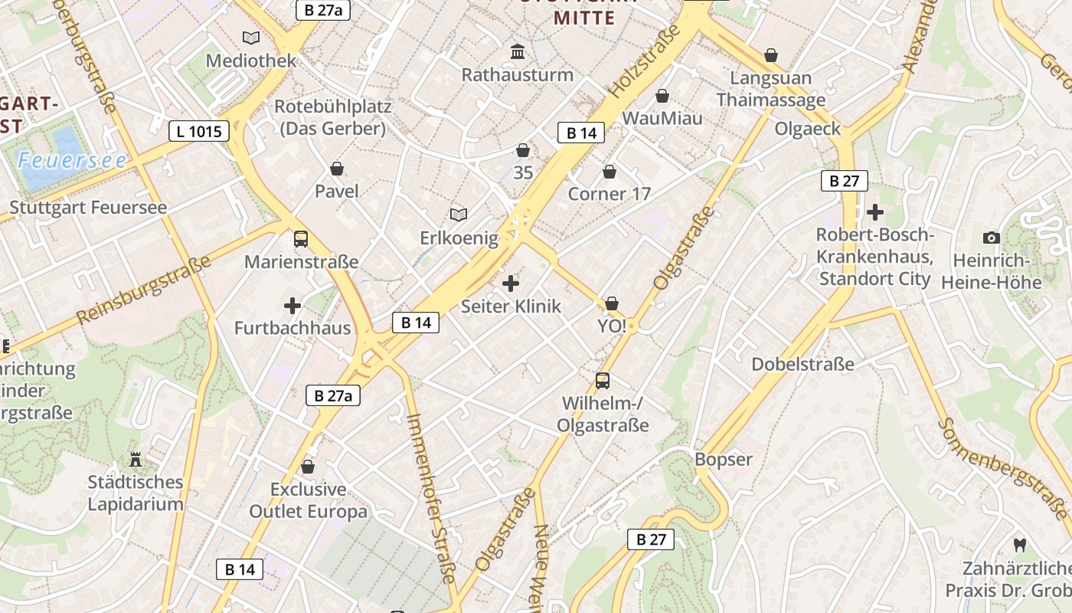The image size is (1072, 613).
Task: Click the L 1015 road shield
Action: pos(199,131)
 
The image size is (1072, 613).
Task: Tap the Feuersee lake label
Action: pos(73,160)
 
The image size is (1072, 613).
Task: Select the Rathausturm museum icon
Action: pos(518,52)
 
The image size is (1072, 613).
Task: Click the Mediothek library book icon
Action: pos(250,38)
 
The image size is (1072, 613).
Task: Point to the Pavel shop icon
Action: pos(337,169)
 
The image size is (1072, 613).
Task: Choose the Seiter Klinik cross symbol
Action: pos(511,284)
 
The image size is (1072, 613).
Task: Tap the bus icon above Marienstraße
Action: pos(301,239)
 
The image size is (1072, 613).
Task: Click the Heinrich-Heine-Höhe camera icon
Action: pos(992,238)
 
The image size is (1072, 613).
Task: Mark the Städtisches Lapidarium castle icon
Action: pos(136,459)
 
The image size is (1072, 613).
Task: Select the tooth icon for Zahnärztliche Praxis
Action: pos(1018,545)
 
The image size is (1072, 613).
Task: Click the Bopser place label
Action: pos(724,460)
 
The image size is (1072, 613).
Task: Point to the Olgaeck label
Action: pos(807,128)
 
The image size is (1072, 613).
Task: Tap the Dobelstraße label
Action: pos(802,364)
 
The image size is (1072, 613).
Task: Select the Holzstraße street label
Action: pos(645,61)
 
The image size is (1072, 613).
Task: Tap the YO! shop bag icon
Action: pos(611,304)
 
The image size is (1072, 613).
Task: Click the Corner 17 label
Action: pos(609,194)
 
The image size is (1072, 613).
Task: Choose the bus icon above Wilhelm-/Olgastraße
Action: pos(603,380)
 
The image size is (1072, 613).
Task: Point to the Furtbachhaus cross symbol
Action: pos(293,306)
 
